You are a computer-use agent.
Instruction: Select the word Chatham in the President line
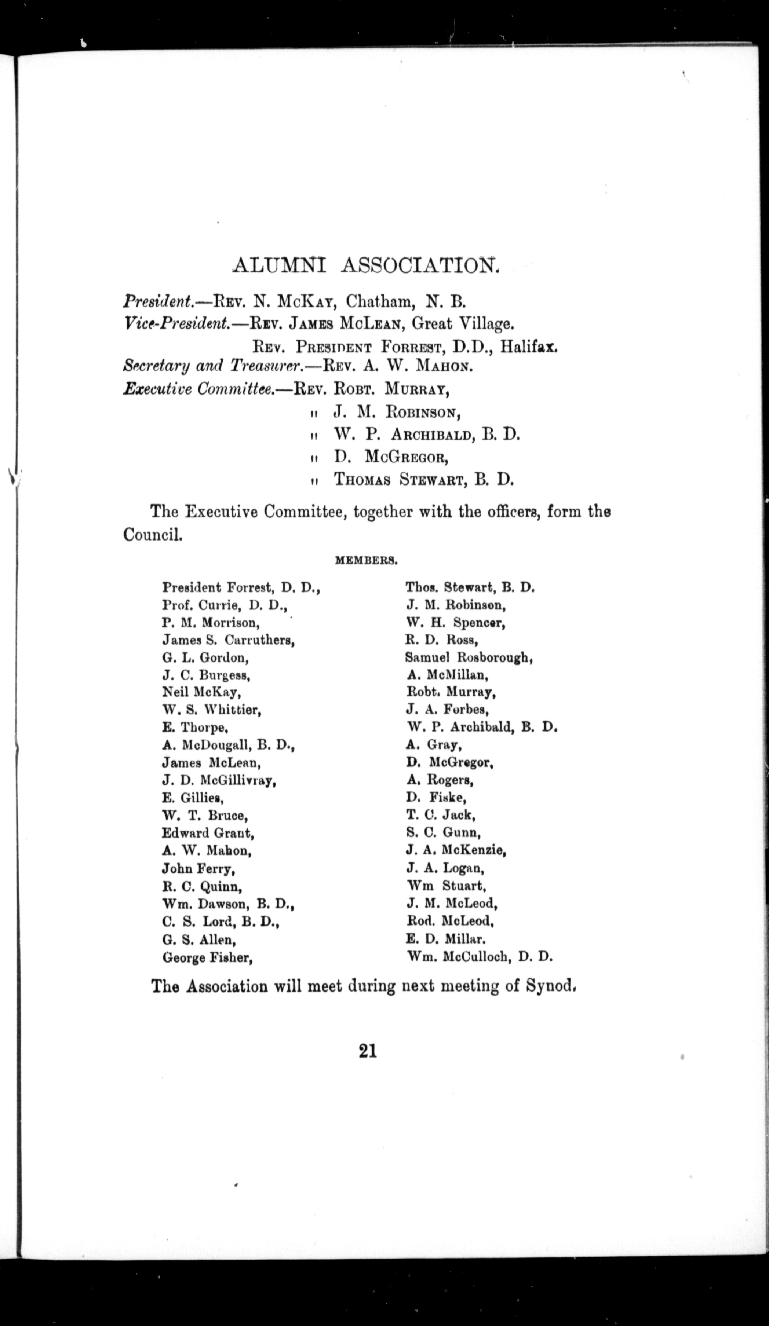click(375, 301)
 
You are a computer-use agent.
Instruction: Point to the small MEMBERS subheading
click(366, 561)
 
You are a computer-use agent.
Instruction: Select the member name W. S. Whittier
click(212, 710)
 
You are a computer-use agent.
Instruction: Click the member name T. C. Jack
click(441, 815)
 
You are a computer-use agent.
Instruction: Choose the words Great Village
click(461, 324)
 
